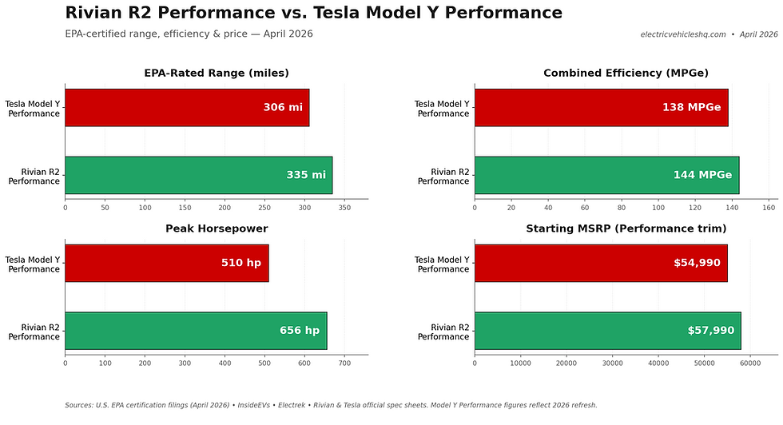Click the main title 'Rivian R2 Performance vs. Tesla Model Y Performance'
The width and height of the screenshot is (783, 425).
[313, 14]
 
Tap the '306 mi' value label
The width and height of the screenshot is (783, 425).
[283, 108]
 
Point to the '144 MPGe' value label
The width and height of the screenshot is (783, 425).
[702, 175]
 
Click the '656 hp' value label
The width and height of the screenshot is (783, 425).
[299, 331]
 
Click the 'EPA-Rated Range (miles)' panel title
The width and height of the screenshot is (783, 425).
[216, 73]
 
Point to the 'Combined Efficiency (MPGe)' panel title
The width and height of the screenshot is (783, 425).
[626, 73]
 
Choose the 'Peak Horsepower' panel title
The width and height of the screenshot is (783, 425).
[216, 229]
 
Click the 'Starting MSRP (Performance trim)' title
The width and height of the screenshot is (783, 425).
[626, 229]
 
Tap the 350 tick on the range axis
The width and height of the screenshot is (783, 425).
[344, 208]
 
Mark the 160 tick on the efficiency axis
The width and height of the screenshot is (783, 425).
[769, 208]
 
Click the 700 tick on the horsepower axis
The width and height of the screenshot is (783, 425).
[344, 363]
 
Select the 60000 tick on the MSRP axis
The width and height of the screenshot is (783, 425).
[750, 363]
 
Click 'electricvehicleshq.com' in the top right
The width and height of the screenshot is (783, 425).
[683, 34]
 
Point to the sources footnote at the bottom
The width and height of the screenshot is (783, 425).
[331, 405]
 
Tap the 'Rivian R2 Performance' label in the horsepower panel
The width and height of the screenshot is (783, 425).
[34, 332]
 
